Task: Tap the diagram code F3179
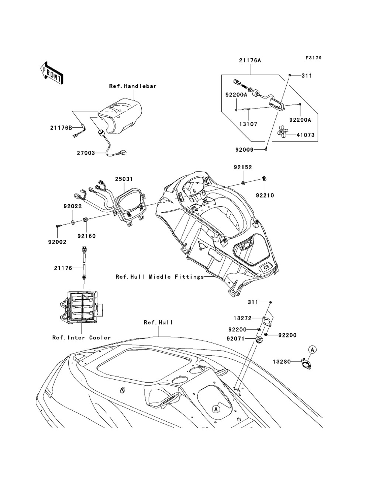pyautogui.click(x=314, y=58)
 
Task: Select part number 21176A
pyautogui.click(x=250, y=60)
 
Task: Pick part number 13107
pyautogui.click(x=248, y=124)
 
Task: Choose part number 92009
pyautogui.click(x=244, y=150)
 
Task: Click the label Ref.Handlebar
pyautogui.click(x=133, y=86)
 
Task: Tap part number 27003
pyautogui.click(x=86, y=153)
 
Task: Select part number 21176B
pyautogui.click(x=61, y=128)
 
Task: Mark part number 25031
pyautogui.click(x=124, y=179)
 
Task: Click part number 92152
pyautogui.click(x=243, y=167)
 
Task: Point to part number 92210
pyautogui.click(x=265, y=196)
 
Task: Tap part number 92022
pyautogui.click(x=73, y=206)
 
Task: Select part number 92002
pyautogui.click(x=57, y=242)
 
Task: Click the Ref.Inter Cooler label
pyautogui.click(x=82, y=338)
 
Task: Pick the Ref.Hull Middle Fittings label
pyautogui.click(x=160, y=277)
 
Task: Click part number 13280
pyautogui.click(x=282, y=362)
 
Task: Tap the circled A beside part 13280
pyautogui.click(x=312, y=349)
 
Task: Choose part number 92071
pyautogui.click(x=236, y=339)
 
